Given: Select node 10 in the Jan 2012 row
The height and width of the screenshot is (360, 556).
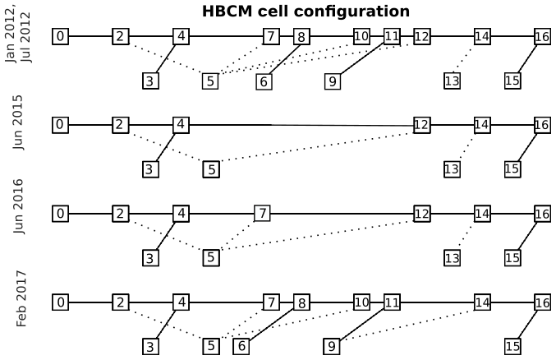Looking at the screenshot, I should click(361, 36).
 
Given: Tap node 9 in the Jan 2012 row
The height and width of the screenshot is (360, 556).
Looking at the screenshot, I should click(332, 81).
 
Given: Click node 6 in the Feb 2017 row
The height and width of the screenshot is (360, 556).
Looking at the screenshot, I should click(241, 346).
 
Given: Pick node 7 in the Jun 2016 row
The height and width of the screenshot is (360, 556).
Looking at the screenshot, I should click(262, 214).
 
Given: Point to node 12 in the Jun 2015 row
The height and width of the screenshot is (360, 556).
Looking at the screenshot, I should click(421, 125).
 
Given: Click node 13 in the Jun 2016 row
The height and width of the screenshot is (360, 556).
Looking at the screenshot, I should click(452, 258).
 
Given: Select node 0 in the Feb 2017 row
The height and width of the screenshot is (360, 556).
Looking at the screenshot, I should click(60, 302).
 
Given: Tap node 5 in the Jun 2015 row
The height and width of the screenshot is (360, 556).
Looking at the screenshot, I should click(211, 169).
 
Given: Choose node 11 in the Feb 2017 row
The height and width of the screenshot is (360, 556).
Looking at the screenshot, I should click(392, 302).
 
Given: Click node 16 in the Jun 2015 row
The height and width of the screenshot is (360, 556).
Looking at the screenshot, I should click(542, 125).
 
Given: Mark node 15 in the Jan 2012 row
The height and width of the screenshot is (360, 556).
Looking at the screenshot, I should click(512, 81).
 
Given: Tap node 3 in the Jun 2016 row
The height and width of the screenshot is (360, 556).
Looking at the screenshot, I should click(150, 258).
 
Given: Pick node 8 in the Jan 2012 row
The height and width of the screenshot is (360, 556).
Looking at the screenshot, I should click(301, 37).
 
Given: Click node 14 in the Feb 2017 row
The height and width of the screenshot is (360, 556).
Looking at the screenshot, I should click(482, 302).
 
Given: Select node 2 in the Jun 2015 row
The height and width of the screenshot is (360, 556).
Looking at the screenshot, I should click(121, 125).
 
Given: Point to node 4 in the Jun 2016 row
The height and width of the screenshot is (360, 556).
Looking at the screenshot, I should click(181, 214).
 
